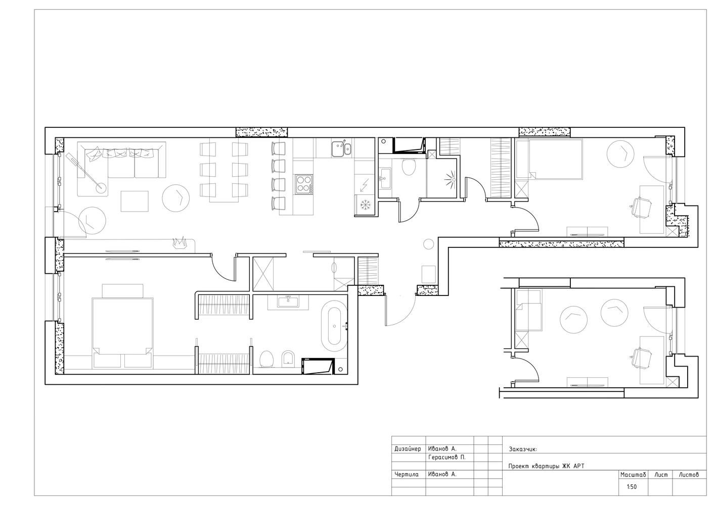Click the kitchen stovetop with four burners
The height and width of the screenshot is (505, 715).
click(x=304, y=184)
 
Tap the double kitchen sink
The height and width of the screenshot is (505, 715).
click(x=341, y=149)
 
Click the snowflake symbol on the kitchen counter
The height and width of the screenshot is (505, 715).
click(x=364, y=205)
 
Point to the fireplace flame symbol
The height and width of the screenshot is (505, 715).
click(x=180, y=242)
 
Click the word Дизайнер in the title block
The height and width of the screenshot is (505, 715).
click(x=408, y=449)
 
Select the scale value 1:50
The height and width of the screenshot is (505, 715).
click(x=632, y=487)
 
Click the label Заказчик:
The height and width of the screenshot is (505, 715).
click(x=523, y=449)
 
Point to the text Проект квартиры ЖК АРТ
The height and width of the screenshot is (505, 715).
click(x=546, y=466)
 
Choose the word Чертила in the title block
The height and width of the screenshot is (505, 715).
click(x=407, y=474)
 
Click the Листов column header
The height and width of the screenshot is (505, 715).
click(x=689, y=475)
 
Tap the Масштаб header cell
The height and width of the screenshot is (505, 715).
click(x=633, y=475)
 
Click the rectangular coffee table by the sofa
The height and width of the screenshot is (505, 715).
click(x=135, y=201)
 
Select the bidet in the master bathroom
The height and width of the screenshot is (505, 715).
click(x=289, y=359)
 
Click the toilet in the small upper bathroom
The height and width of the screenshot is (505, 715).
click(x=409, y=167)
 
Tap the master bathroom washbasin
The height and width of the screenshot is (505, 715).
click(x=288, y=301)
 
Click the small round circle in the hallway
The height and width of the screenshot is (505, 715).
click(x=428, y=244)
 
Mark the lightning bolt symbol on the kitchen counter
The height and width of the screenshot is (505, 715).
click(x=364, y=185)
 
